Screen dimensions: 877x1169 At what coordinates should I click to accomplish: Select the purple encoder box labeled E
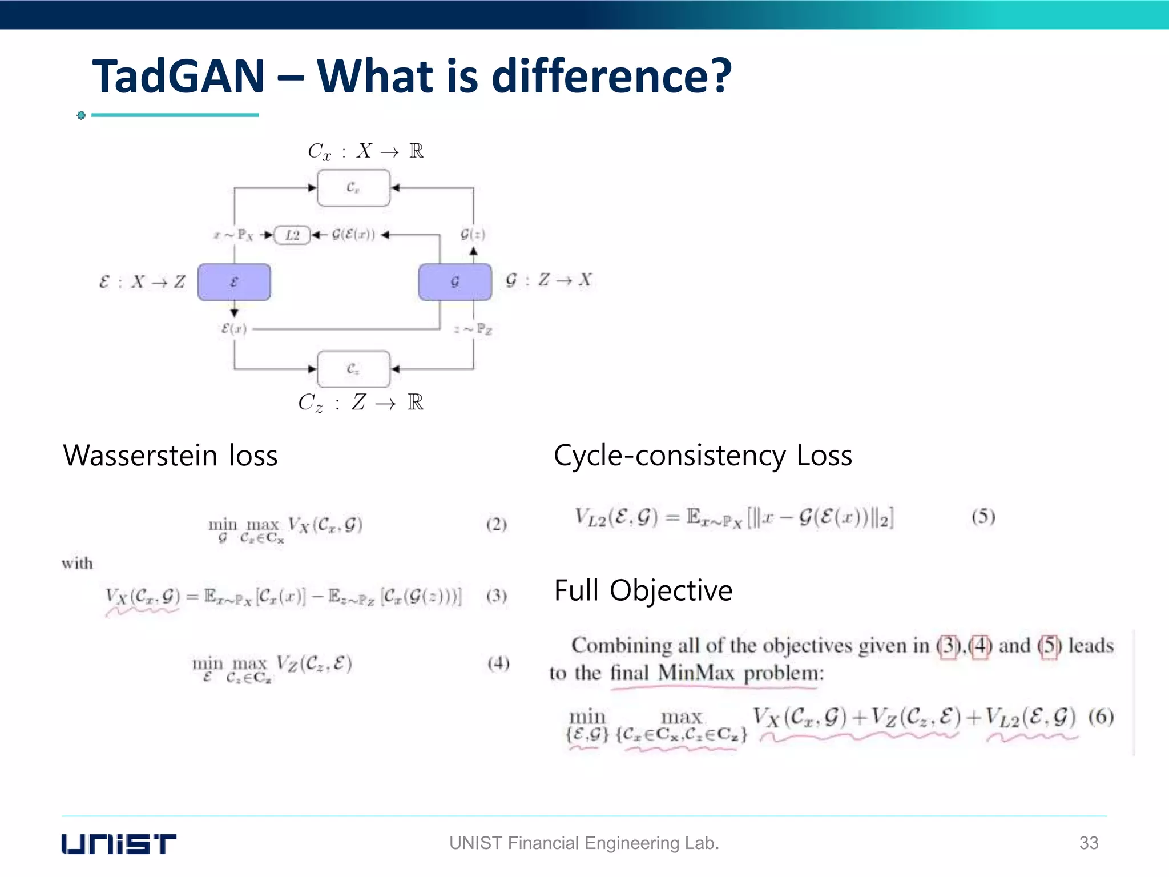pos(234,281)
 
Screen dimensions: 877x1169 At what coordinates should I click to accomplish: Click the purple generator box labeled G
pos(455,281)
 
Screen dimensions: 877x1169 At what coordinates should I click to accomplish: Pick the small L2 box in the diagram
pos(292,235)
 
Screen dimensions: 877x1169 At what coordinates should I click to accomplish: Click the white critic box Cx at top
pos(353,187)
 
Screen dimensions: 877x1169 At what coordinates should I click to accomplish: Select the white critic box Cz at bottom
pos(353,369)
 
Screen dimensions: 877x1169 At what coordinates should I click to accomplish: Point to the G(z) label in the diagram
pos(473,234)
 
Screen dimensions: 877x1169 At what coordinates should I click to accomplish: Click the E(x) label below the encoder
pos(234,329)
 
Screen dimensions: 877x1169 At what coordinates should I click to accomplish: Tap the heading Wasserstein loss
pos(170,456)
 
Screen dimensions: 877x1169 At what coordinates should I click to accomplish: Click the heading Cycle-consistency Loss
pos(703,456)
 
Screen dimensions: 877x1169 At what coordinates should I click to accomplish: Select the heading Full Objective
pos(643,590)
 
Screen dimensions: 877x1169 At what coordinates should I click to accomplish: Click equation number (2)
pos(496,524)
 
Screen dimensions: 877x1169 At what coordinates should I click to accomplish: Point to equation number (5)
pos(983,517)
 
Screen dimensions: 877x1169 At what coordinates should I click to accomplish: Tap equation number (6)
pos(1101,716)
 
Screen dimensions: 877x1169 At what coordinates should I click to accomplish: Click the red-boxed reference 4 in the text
pos(980,646)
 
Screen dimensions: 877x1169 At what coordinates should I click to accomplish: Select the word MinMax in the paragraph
pos(695,673)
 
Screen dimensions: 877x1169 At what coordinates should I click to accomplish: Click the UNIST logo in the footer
pos(119,843)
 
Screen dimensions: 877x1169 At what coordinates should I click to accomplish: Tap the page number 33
pos(1089,843)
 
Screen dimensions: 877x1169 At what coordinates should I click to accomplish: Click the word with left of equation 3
pos(77,564)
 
